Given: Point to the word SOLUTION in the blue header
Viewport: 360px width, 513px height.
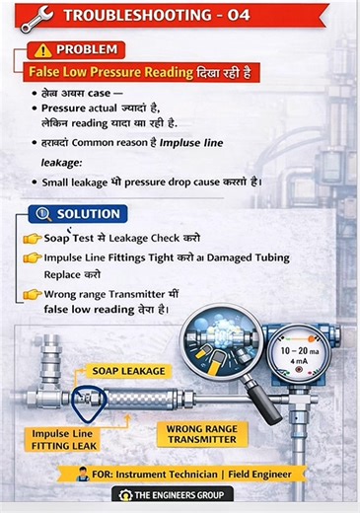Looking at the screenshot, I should pyautogui.click(x=89, y=214).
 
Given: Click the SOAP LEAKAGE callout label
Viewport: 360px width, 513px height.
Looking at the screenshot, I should pyautogui.click(x=129, y=371).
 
